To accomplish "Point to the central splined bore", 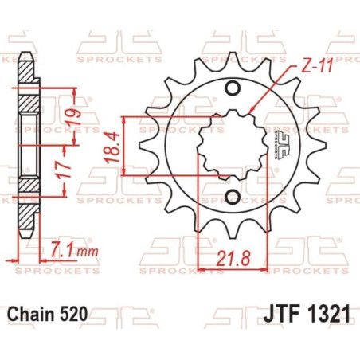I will [232, 143].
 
